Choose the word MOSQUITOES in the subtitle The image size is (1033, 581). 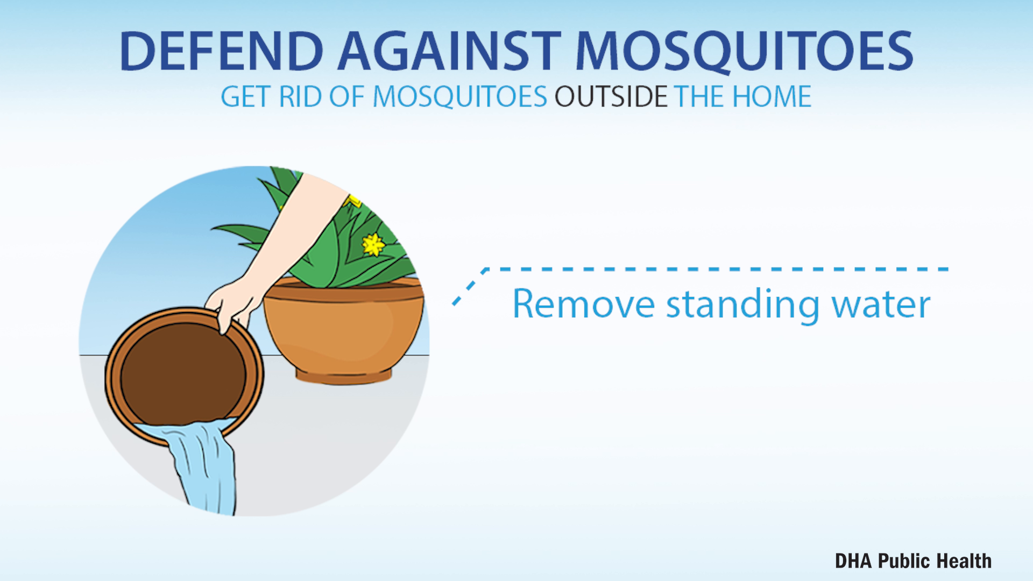pos(459,97)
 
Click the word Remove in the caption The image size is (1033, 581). pos(584,304)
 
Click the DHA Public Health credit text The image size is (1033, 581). pos(913,561)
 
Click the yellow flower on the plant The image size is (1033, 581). pos(373,245)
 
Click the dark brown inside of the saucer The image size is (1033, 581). pos(183,373)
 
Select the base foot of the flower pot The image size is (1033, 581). pos(344,375)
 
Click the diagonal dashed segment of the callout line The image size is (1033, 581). pos(470,287)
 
